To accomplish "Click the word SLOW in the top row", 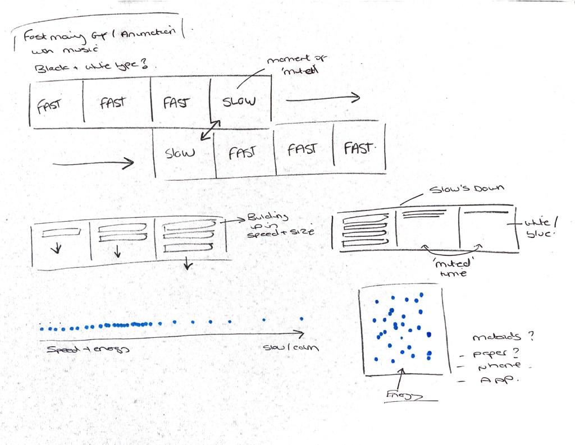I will pyautogui.click(x=239, y=102).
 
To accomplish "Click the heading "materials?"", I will pyautogui.click(x=501, y=338).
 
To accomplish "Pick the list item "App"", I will pyautogui.click(x=492, y=382).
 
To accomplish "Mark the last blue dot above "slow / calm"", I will pyautogui.click(x=302, y=319).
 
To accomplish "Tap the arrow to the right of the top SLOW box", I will pyautogui.click(x=322, y=98).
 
